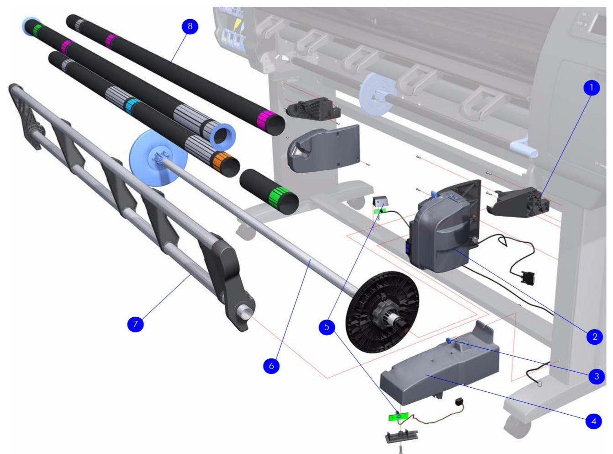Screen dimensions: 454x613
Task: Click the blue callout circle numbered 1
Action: [x=592, y=88]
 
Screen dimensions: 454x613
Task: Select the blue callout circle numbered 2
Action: [x=594, y=337]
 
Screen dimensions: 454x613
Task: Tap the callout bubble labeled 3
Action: [x=596, y=376]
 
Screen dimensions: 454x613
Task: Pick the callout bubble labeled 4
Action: [x=593, y=421]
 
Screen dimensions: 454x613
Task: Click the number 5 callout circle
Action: [x=327, y=327]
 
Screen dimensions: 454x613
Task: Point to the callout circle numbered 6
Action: [x=271, y=366]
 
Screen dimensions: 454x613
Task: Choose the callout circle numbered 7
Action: [x=135, y=324]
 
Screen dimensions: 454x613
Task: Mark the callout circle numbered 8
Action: [x=190, y=27]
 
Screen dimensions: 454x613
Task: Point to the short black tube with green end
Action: [x=270, y=191]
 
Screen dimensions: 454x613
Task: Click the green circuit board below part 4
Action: [x=398, y=417]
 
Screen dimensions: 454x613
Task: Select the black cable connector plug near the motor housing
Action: [x=528, y=277]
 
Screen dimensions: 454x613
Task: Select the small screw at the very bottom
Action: [x=401, y=449]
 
